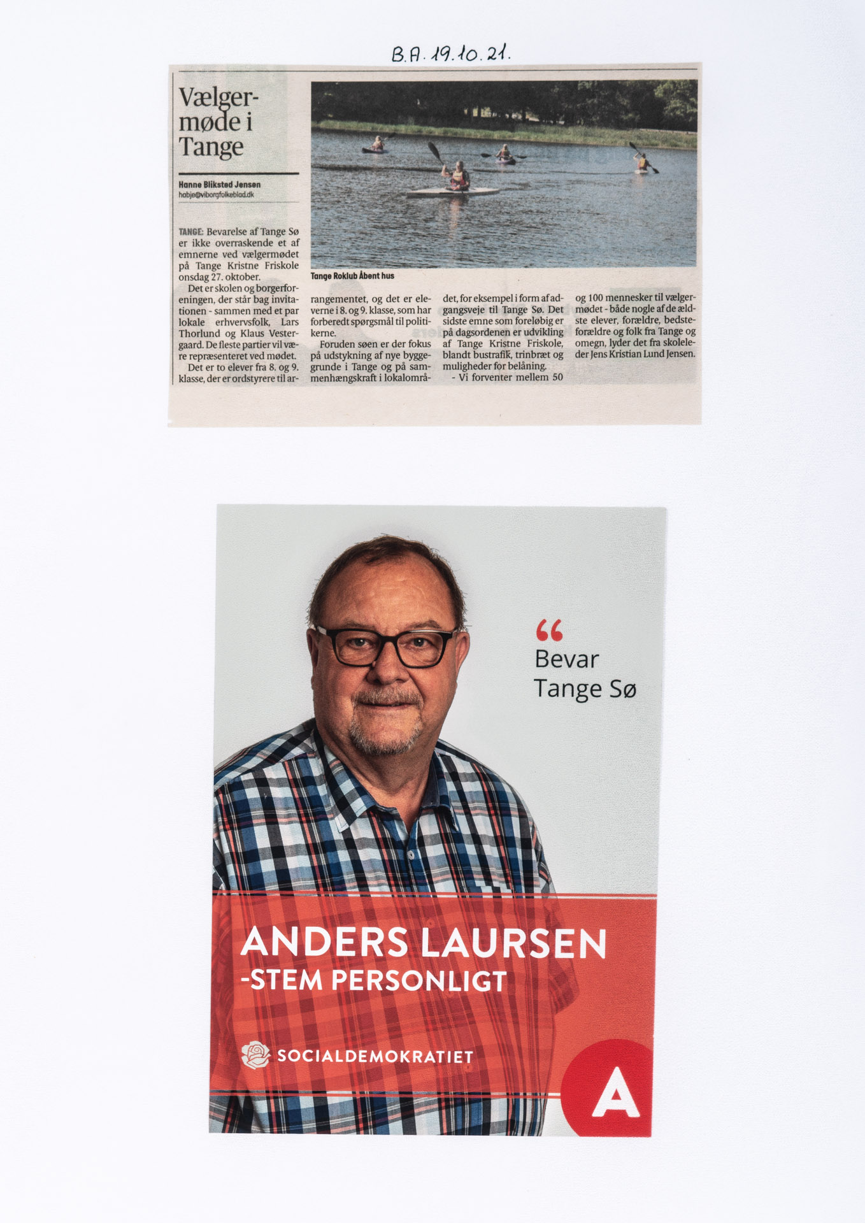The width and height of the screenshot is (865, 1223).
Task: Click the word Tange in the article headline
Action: click(211, 147)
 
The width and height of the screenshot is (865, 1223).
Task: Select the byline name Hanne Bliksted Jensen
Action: click(219, 184)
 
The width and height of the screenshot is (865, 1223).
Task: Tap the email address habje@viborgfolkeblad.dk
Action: click(216, 194)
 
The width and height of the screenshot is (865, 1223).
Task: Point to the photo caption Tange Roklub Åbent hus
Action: click(352, 276)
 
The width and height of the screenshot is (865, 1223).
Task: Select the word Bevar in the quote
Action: click(566, 659)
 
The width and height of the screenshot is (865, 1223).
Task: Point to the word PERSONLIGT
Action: click(419, 981)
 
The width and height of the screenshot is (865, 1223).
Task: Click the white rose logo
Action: click(256, 1055)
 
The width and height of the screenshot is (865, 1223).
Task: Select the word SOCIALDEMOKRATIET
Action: click(375, 1057)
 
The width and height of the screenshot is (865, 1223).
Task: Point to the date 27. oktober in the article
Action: click(238, 277)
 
